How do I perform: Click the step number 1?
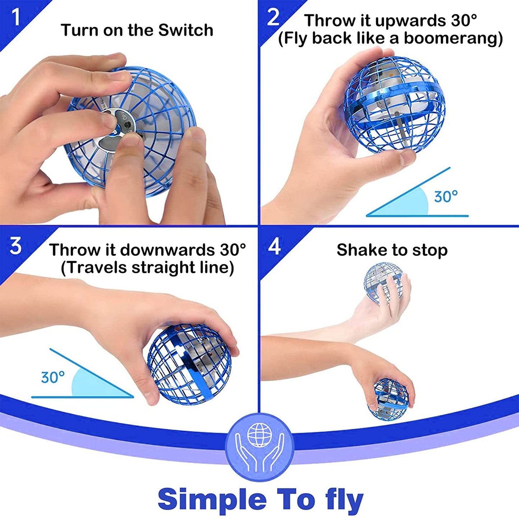pos(16,17)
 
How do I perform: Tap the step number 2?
pos(273,17)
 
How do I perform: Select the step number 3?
pos(15,246)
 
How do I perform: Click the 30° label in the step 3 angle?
pos(53,377)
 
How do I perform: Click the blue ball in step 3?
pos(189,364)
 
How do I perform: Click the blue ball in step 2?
pos(394,105)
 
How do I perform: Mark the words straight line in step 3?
pos(183,268)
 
